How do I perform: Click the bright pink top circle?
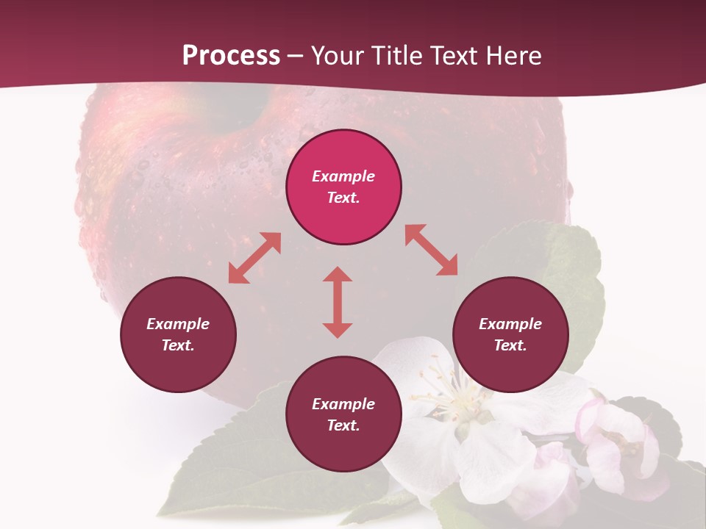343,187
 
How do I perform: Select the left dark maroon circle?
178,334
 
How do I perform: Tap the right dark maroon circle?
510,334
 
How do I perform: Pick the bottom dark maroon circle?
343,414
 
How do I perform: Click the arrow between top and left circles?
254,258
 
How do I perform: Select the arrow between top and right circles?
432,250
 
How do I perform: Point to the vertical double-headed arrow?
338,302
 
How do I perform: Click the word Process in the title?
231,56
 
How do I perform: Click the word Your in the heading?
335,56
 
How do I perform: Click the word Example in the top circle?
343,176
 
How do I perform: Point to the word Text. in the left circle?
178,345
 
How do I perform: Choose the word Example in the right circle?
510,324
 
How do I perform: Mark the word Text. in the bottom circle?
343,425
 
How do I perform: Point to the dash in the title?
296,56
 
